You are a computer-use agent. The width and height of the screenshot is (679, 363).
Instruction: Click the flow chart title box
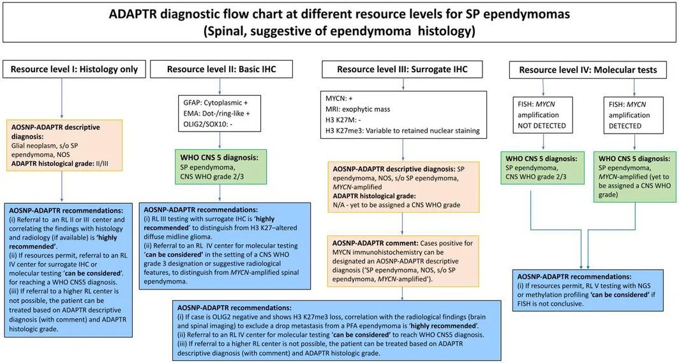pos(339,22)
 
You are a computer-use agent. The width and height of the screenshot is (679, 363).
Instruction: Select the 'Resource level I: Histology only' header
pos(74,70)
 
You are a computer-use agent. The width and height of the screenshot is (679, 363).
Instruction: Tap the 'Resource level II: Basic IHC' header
pos(221,70)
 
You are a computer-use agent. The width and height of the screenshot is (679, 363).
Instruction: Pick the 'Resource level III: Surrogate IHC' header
pos(402,70)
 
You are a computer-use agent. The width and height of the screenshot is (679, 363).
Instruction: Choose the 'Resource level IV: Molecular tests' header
pos(588,70)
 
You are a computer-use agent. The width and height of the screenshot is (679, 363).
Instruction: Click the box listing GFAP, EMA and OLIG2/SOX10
pos(220,113)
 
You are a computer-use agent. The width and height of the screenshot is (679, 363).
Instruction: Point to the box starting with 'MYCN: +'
pos(403,114)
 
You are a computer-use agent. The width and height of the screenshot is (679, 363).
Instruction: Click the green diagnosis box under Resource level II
pos(221,167)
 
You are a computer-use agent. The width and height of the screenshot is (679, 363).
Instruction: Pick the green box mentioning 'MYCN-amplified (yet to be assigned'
pos(635,176)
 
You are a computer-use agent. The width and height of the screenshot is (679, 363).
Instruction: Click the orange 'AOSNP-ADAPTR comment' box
pos(403,261)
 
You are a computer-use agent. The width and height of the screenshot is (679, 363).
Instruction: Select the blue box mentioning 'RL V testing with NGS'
pos(588,290)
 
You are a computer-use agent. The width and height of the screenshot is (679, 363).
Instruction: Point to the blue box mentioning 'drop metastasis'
pos(336,330)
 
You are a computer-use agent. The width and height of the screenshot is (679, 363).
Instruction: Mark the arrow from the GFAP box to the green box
pos(220,140)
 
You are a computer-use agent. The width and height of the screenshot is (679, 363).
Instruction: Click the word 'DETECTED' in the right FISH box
pos(625,126)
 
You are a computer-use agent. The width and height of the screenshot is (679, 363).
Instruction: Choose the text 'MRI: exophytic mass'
pos(357,109)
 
